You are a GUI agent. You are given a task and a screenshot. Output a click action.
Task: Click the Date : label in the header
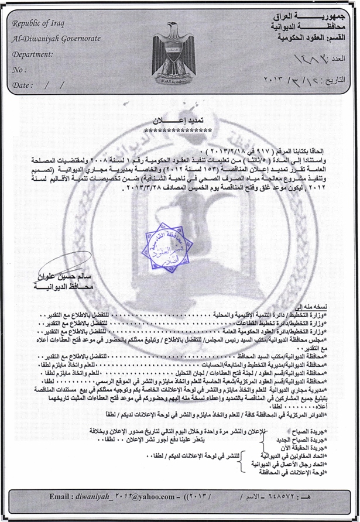tap(22, 85)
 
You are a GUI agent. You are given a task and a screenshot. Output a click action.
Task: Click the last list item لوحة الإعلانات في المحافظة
tap(292, 472)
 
